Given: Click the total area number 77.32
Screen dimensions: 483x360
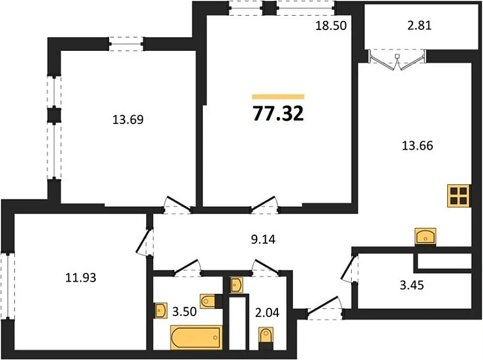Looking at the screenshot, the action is (x=278, y=114).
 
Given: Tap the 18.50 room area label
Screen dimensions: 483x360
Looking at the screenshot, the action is (x=331, y=25).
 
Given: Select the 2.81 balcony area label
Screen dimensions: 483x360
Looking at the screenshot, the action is (x=420, y=25).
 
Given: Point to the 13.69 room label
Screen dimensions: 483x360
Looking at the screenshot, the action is (x=128, y=120).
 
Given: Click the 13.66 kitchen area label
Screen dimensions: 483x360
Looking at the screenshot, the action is (x=417, y=145).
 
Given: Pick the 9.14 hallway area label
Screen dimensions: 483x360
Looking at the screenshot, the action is (x=263, y=239).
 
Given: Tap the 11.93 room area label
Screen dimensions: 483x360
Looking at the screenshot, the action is (x=81, y=278).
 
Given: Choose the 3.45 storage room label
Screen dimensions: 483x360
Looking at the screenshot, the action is (x=412, y=285).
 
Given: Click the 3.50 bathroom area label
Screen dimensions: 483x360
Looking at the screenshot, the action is (x=184, y=312).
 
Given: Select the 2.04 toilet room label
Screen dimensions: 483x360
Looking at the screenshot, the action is (x=268, y=312).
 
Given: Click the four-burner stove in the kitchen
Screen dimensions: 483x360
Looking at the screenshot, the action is (x=459, y=196).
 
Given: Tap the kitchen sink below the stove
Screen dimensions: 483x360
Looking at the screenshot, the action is (x=426, y=237).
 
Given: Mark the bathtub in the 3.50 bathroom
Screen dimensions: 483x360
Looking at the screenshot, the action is (x=196, y=337).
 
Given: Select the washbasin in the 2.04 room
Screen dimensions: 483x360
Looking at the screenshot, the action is (x=236, y=285).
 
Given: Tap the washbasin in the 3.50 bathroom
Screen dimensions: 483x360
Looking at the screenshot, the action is (x=161, y=310).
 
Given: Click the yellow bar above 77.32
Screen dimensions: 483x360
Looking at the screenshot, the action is (x=278, y=97).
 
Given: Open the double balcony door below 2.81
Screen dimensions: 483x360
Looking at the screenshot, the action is (x=397, y=60).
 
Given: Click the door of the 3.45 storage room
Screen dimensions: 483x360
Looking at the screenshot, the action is (x=349, y=268).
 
